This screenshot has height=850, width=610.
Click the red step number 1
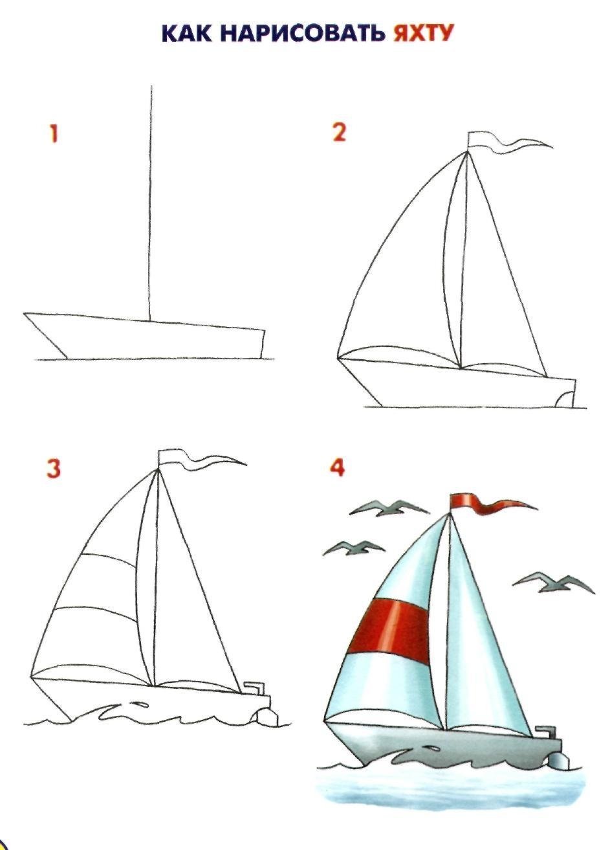click(54, 134)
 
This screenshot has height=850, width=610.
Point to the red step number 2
click(340, 133)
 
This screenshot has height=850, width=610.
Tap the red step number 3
click(53, 469)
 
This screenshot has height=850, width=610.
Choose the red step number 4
click(337, 467)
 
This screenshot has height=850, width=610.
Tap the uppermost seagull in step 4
click(389, 508)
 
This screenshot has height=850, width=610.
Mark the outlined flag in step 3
click(201, 460)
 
